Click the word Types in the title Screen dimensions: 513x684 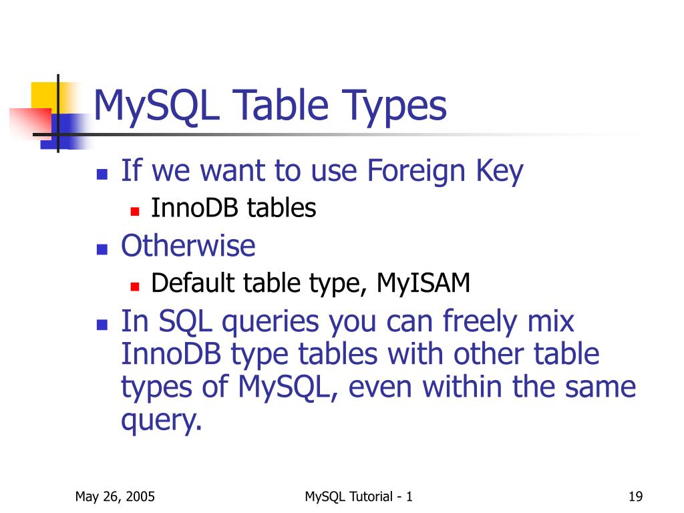coord(395,108)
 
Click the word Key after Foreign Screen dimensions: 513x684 coord(499,172)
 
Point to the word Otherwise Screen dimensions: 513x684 coord(188,246)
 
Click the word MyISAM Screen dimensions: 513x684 coord(423,283)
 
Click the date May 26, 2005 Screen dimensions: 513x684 coord(115,496)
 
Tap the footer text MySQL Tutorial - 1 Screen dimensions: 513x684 coord(359,496)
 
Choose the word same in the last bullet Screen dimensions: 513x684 coord(601,387)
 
